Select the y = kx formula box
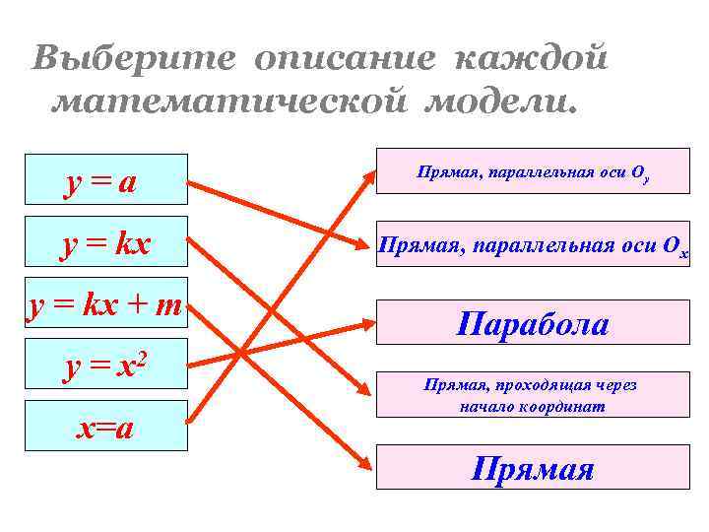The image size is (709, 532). click(x=106, y=241)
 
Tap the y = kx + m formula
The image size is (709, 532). click(x=104, y=306)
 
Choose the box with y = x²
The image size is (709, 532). click(x=106, y=366)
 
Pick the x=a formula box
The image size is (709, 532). click(x=106, y=427)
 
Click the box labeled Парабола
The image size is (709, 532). click(x=533, y=323)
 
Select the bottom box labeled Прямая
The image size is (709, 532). click(x=533, y=467)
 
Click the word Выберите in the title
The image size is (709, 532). click(x=132, y=58)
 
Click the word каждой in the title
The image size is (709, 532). click(x=531, y=58)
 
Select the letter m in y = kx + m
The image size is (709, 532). click(x=167, y=306)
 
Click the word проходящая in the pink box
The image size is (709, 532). click(x=529, y=385)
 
